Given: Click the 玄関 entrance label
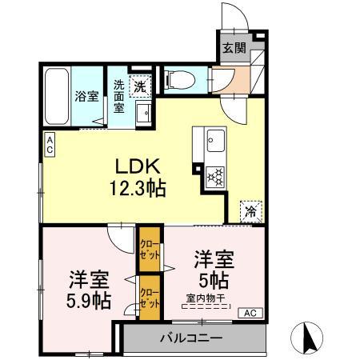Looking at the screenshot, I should click(233, 48).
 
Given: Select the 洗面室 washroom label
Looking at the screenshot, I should click(118, 96).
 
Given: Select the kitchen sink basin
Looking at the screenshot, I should click(215, 144).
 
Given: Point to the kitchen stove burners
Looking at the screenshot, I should click(214, 176).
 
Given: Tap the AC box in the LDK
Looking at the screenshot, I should click(49, 145).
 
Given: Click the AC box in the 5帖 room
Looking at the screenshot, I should click(249, 312).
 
